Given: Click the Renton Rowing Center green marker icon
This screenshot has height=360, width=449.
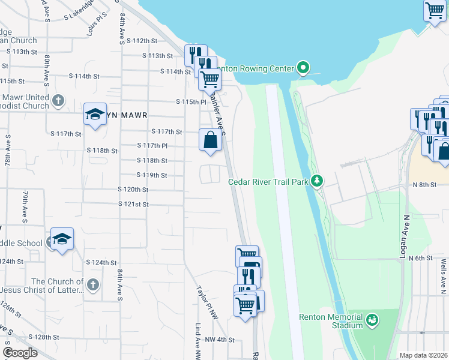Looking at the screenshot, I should (x=303, y=68).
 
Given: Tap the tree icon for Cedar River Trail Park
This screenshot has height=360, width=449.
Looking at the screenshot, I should (x=317, y=181).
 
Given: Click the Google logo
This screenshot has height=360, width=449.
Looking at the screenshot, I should (x=20, y=353).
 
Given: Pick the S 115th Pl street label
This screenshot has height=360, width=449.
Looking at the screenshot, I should (x=191, y=102).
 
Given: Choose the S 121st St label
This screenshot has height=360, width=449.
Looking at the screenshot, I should (x=133, y=205).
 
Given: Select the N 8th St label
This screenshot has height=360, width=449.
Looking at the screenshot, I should (x=425, y=185).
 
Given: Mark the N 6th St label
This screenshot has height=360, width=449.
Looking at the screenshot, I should (x=421, y=258).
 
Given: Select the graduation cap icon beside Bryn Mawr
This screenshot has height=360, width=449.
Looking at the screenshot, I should (x=95, y=114).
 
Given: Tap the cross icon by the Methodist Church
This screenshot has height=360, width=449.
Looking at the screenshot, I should (x=58, y=100).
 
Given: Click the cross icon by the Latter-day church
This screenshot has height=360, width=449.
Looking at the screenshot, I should (x=92, y=285).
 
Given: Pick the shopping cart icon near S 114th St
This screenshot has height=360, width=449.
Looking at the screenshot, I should (x=209, y=78).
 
